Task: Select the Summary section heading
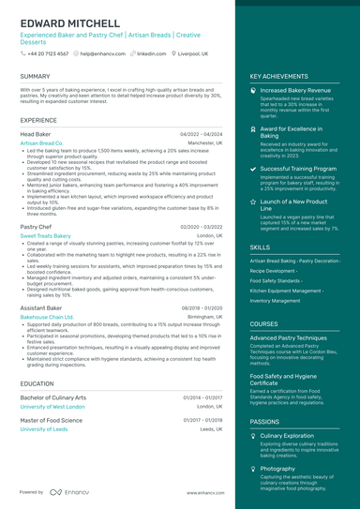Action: pos(35,76)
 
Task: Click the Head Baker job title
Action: pos(36,134)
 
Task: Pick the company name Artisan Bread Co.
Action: pos(41,143)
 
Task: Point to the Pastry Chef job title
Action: pos(36,227)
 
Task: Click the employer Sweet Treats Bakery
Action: pos(45,236)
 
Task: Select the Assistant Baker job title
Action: pos(41,307)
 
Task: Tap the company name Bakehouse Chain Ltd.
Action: pos(47,317)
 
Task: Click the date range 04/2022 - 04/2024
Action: pos(202,134)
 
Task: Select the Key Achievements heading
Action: pos(279,76)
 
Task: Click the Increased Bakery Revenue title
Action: pos(295,91)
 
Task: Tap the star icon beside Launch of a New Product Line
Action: pos(253,202)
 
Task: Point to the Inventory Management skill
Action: pos(281,301)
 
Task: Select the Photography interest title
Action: pos(277,468)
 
